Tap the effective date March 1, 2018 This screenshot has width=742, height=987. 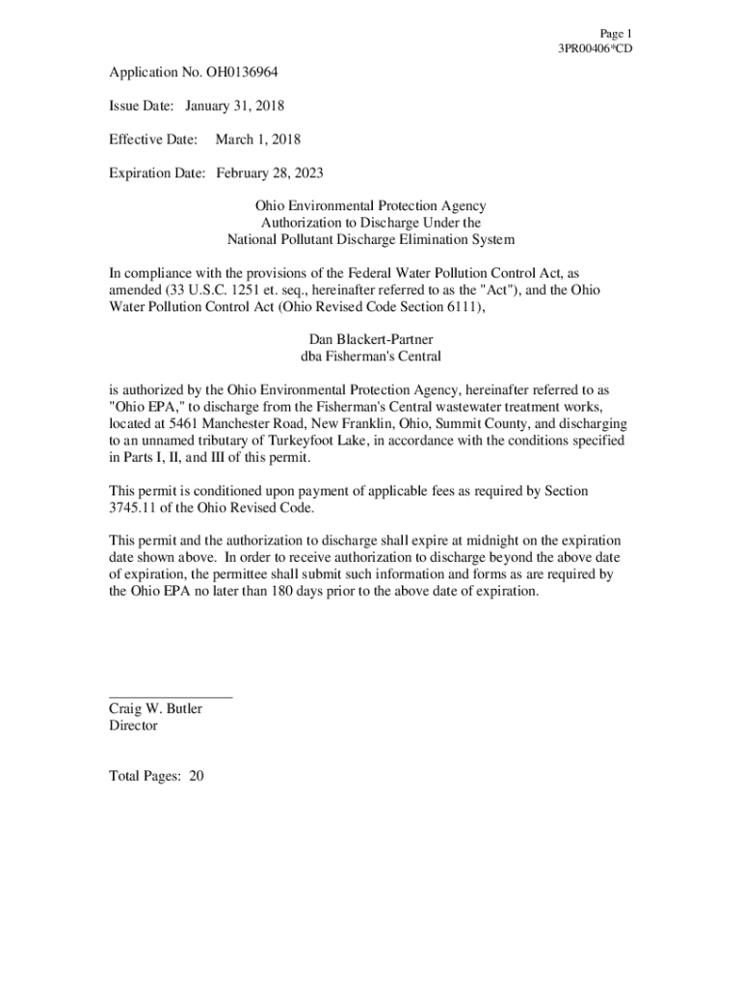[x=257, y=140]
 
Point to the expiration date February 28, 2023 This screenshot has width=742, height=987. [x=269, y=173]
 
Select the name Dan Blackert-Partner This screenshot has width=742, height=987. [x=370, y=339]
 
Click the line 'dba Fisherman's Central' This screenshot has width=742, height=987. [x=370, y=357]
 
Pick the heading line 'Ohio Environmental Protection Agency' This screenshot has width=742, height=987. [x=370, y=206]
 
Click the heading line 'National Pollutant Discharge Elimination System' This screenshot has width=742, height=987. [x=370, y=240]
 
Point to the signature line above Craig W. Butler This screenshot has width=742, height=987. [x=171, y=696]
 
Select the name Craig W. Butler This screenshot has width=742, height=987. [x=155, y=709]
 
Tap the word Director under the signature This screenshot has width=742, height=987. [x=133, y=726]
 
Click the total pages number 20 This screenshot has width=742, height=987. [x=197, y=776]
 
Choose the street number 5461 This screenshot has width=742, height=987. [x=188, y=424]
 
